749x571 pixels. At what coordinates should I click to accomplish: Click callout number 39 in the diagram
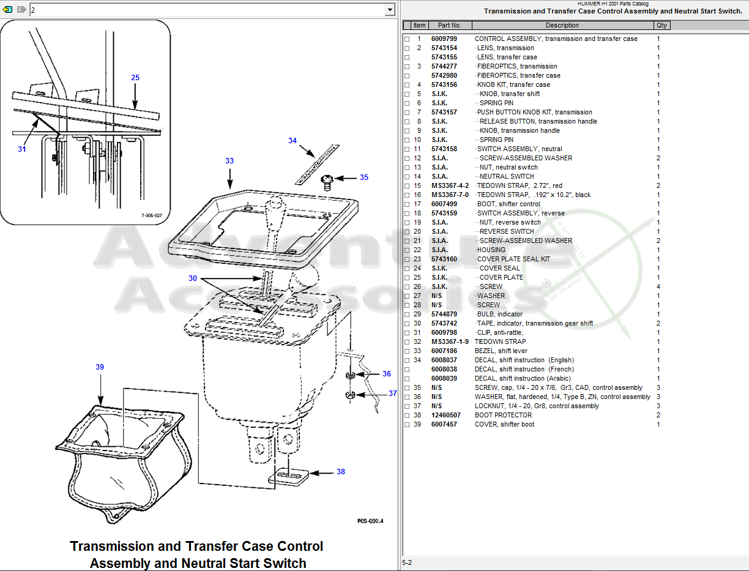tap(100, 367)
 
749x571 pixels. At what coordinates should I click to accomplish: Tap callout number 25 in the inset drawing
tap(135, 78)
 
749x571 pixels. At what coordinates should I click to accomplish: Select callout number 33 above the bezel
tap(229, 161)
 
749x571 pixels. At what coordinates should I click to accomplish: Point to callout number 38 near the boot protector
tap(341, 472)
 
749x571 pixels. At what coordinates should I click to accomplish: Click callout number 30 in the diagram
tap(193, 278)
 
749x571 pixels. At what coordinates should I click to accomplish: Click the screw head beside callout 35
tap(327, 180)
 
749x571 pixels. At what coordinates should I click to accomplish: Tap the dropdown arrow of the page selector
tap(390, 10)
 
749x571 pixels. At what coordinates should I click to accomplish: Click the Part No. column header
tap(449, 26)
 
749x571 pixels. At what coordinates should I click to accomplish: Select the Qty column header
tap(662, 26)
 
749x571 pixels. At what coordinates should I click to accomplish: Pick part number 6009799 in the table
tap(444, 39)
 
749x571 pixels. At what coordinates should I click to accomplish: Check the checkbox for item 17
tap(407, 204)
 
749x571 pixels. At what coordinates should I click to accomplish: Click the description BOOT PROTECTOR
tap(503, 415)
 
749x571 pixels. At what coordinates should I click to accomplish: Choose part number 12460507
tap(445, 415)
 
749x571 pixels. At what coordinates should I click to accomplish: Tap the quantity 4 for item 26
tap(658, 286)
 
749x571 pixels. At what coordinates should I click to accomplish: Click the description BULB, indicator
tap(499, 314)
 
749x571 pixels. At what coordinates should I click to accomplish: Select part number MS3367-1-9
tap(450, 341)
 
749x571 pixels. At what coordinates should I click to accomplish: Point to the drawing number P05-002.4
tap(370, 521)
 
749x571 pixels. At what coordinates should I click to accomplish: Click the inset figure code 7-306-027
tap(152, 215)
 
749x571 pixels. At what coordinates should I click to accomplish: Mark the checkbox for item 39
tap(407, 425)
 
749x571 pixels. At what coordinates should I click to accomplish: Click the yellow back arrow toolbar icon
tap(8, 10)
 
